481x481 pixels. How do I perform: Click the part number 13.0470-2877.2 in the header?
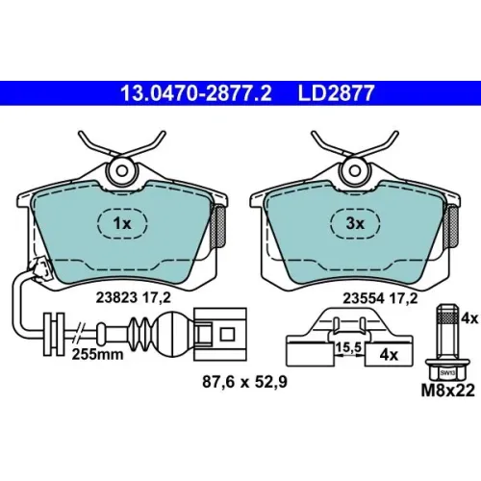click(x=195, y=93)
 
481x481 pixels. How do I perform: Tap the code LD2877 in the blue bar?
click(x=337, y=93)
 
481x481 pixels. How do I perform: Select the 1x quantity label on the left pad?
click(x=122, y=223)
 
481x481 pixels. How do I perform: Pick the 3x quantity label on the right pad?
click(x=355, y=223)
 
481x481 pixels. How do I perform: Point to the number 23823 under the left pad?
click(x=116, y=298)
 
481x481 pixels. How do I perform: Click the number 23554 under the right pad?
click(x=364, y=298)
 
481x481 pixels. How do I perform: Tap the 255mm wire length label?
click(x=97, y=355)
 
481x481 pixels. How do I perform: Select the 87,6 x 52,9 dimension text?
click(x=244, y=382)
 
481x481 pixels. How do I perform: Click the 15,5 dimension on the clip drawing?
click(x=348, y=346)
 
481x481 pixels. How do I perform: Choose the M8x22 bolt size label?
click(x=447, y=391)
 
